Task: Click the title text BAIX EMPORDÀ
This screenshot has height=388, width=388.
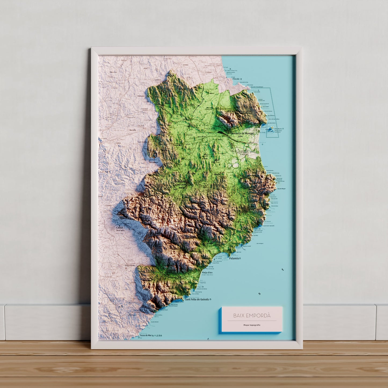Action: pos(252,316)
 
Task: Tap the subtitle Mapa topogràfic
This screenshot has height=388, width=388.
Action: pos(252,325)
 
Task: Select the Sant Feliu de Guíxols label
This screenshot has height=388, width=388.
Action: pos(197,299)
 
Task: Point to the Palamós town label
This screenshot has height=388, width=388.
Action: pos(234,258)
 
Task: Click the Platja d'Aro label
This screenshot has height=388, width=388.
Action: pos(207,273)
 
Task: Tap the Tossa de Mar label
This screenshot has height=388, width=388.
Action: pos(146,335)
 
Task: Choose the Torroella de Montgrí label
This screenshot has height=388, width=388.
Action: pos(242,133)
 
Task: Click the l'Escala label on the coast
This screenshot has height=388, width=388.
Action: pos(236,79)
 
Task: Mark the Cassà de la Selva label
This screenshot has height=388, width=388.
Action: pos(120,229)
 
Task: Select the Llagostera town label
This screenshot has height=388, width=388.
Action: pos(130,265)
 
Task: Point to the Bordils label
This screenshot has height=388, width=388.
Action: pos(133,130)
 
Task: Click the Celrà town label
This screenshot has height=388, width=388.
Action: pos(118,143)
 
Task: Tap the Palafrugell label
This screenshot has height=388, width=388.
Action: pos(255,209)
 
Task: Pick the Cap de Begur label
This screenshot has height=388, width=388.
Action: pos(281,189)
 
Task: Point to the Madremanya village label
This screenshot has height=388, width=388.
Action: pos(154,162)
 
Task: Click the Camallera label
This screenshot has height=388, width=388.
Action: pos(158,80)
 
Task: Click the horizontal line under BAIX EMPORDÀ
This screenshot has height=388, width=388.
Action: pos(252,321)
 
